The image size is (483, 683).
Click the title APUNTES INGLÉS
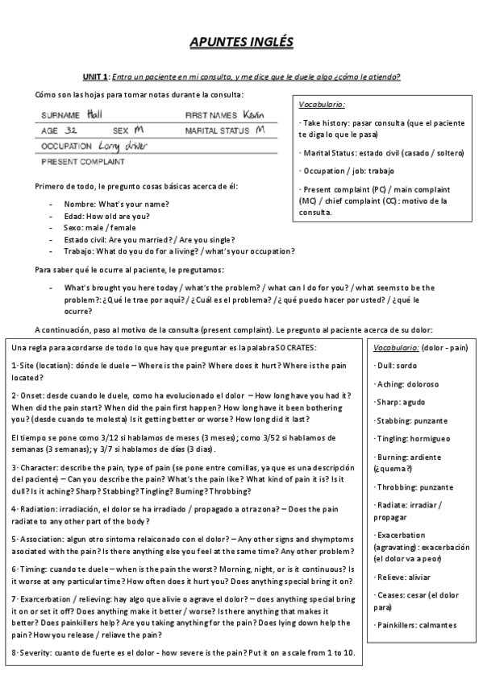pos(241,41)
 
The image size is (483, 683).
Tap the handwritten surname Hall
pos(95,114)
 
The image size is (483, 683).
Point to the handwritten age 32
pos(71,129)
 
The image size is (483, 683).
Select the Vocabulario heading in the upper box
pos(322,105)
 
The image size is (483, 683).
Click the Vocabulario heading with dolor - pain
pos(420,347)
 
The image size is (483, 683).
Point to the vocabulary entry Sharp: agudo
pos(399,402)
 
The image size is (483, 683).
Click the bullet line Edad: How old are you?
pos(106,216)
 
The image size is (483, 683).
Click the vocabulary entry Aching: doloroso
pos(402,383)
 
